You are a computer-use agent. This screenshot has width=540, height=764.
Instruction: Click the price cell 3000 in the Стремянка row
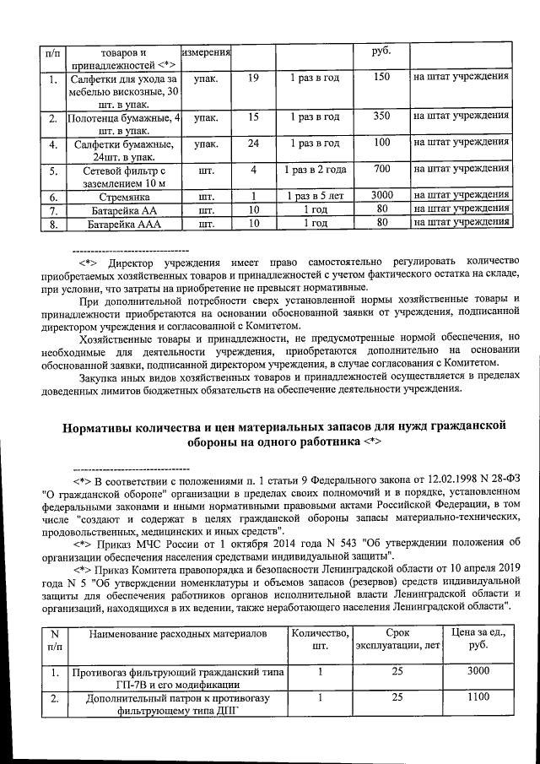381,196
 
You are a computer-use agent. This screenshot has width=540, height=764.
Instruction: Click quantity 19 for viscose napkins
253,78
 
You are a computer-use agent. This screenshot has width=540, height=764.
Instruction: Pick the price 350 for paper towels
381,116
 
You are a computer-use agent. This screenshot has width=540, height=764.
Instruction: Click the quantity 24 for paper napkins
253,143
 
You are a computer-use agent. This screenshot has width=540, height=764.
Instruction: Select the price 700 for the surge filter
381,169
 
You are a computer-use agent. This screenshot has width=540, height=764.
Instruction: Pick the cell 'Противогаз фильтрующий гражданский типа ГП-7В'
179,678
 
